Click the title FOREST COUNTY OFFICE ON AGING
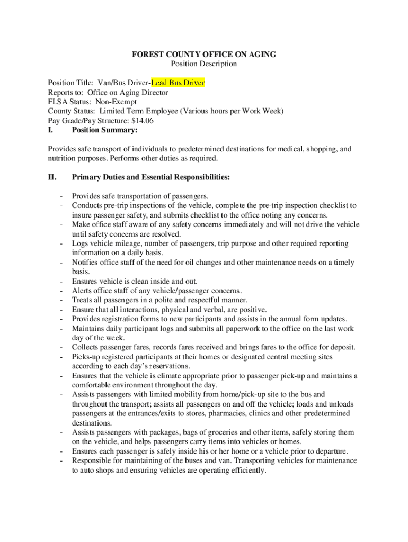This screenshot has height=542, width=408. tap(204, 55)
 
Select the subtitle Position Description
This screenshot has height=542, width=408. tap(204, 64)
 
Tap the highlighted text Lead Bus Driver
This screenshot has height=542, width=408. tap(178, 83)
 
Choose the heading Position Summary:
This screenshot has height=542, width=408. tap(105, 130)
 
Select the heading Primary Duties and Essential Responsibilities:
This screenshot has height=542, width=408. tap(151, 177)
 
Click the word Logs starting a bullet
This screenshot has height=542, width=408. tap(80, 243)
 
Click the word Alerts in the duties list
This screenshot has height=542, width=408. tap(82, 291)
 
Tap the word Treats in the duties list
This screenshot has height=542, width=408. tap(83, 300)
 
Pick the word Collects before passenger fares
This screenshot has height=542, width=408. tap(86, 347)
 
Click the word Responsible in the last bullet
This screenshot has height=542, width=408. tap(93, 460)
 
